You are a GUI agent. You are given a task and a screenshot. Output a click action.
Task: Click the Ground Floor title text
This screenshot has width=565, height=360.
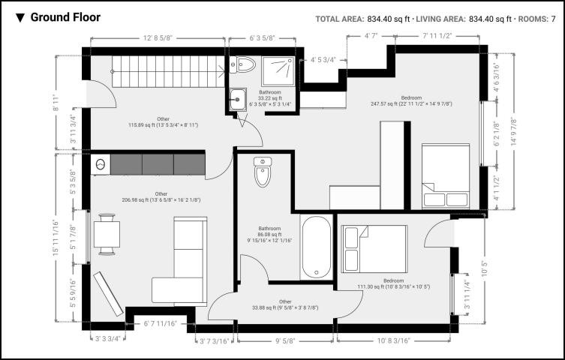(65, 17)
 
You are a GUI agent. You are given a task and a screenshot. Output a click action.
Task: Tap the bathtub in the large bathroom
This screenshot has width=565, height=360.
(317, 247)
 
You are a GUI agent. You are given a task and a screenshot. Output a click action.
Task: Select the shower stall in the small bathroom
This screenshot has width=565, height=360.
(278, 71)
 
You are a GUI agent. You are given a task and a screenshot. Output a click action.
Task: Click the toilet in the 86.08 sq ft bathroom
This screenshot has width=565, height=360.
(263, 172)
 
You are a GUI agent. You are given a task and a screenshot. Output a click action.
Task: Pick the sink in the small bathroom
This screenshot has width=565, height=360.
(238, 99)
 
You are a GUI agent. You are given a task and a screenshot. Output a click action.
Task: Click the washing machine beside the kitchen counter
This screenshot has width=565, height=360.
(101, 165)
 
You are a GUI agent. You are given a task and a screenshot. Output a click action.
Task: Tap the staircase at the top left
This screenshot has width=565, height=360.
(168, 71)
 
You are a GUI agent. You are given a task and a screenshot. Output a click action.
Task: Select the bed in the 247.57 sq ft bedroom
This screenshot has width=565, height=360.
(446, 176)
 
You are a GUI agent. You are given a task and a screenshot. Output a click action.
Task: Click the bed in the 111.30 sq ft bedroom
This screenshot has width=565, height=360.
(374, 249)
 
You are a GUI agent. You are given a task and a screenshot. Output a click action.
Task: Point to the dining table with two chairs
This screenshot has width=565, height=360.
(107, 234)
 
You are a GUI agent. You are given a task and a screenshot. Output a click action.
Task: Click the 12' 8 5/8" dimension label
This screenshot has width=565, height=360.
(158, 37)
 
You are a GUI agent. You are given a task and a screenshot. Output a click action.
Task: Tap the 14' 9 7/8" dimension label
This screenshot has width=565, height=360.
(513, 132)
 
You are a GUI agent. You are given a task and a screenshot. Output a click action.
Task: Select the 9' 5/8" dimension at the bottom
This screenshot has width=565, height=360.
(285, 340)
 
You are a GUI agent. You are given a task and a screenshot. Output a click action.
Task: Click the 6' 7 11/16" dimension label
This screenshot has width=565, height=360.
(161, 324)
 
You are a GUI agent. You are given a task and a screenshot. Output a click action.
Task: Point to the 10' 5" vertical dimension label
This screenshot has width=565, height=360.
(485, 268)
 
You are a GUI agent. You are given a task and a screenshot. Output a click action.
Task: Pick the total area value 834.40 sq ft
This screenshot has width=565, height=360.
(389, 19)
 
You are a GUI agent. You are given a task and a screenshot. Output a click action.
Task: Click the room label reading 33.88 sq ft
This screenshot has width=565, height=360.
(285, 307)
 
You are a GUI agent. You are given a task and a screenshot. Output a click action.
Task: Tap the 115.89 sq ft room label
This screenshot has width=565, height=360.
(164, 125)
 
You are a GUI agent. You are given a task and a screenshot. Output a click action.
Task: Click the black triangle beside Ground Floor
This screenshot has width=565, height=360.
(20, 18)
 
